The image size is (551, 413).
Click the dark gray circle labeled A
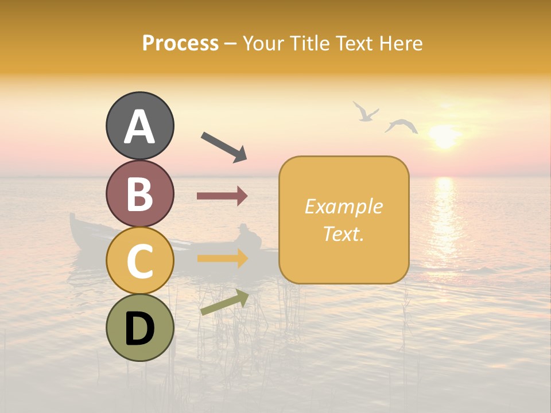(140, 126)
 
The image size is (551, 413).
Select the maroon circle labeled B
(140, 193)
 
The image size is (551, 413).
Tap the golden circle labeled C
(140, 260)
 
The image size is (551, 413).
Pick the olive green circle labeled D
(140, 328)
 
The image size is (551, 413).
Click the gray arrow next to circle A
(224, 147)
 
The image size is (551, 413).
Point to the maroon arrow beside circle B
(222, 196)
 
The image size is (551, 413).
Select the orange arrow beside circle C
(222, 258)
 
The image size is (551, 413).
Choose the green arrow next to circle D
(224, 302)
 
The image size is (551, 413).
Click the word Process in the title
(180, 43)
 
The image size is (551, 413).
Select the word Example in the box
(344, 206)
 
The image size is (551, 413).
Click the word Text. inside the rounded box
(344, 234)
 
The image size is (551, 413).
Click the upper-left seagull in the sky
(365, 111)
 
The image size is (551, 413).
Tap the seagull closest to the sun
(401, 126)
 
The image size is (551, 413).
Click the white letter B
(140, 194)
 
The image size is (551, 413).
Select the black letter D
(140, 329)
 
